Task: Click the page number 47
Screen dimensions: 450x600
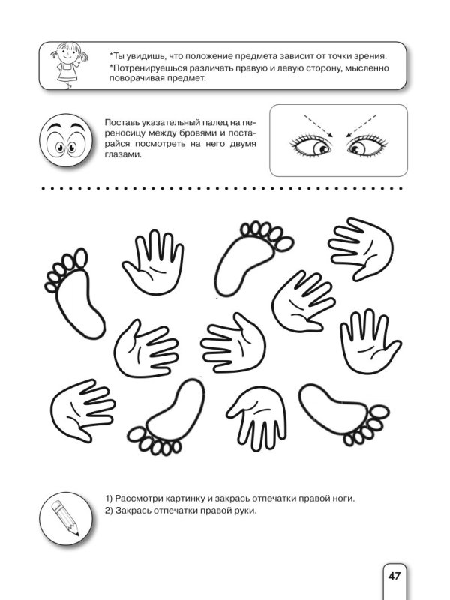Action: [x=394, y=575]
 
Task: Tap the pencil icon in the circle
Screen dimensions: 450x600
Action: [x=66, y=518]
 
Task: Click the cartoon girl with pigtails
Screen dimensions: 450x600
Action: [x=68, y=65]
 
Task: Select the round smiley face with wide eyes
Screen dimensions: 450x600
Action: [x=66, y=139]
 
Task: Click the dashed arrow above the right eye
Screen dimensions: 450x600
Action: [x=361, y=125]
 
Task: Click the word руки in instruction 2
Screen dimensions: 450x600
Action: [x=246, y=511]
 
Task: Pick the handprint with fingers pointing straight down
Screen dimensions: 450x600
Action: [x=257, y=418]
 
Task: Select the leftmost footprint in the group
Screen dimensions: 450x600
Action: [x=74, y=292]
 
